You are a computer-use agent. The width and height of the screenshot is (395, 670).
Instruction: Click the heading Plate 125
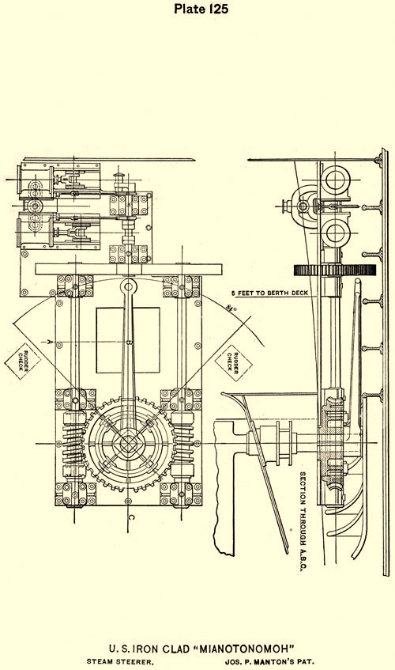point(201,9)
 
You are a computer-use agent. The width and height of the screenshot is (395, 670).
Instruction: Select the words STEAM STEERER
point(120,662)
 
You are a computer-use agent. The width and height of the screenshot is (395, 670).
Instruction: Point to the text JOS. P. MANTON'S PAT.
point(269,662)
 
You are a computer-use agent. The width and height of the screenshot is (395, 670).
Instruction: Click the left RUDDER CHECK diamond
point(23,361)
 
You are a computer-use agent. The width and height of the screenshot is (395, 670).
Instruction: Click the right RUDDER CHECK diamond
point(233,362)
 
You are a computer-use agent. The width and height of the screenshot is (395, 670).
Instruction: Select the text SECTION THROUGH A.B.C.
point(303,522)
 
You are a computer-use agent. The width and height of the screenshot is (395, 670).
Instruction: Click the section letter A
point(50,342)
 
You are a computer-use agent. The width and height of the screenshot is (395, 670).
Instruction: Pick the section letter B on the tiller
point(130,343)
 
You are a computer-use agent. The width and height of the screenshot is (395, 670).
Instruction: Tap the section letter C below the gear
point(131,518)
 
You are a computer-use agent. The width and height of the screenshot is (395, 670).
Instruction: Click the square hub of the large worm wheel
point(128,444)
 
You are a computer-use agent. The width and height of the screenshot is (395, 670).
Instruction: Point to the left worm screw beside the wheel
point(73,444)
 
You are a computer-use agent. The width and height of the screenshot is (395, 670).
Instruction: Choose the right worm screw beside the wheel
point(182,444)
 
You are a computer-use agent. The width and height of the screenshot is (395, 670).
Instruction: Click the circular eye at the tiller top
point(128,285)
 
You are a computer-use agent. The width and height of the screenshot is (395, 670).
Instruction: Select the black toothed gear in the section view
point(335,270)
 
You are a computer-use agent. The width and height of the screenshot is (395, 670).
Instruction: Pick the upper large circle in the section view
point(336,180)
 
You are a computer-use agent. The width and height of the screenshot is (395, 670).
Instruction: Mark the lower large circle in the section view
point(336,233)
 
